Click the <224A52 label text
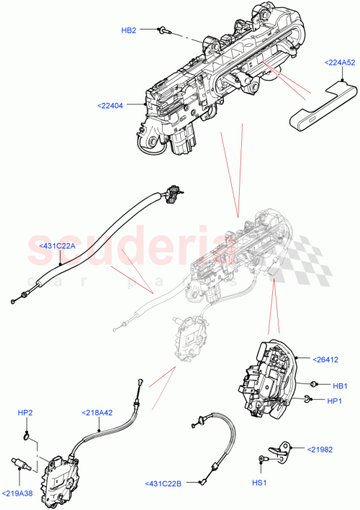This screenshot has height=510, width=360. [x=338, y=63]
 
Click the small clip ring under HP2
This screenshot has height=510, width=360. [x=27, y=435]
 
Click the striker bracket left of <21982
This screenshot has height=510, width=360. [x=283, y=449]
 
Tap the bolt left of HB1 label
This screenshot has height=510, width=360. [x=315, y=384]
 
